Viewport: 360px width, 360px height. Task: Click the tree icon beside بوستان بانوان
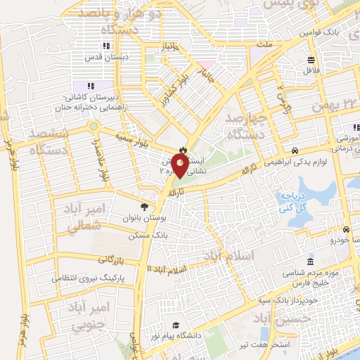point(144,207)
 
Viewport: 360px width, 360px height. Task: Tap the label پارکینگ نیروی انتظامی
point(88,278)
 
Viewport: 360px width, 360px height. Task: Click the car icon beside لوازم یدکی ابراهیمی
point(296,150)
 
